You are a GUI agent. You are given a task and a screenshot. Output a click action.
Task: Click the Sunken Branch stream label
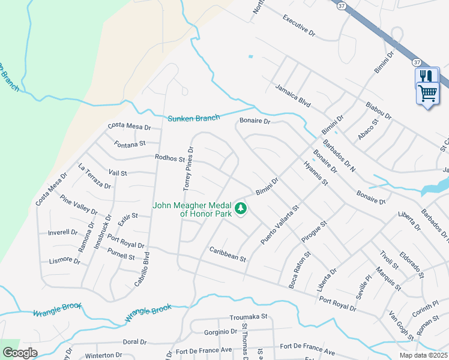(x=193, y=118)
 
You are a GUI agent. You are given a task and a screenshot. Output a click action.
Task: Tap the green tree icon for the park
(x=241, y=208)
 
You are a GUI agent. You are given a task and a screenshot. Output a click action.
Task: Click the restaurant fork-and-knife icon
(x=427, y=76)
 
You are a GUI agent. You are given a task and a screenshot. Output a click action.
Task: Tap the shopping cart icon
(x=427, y=93)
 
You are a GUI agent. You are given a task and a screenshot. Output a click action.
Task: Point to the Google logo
(x=20, y=353)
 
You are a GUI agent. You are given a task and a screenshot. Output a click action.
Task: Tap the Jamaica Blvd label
(x=293, y=96)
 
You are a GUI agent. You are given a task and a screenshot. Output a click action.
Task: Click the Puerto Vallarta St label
(x=279, y=225)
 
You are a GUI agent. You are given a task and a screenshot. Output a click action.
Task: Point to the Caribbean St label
(x=228, y=254)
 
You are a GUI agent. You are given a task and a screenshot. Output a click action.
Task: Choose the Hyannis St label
(x=316, y=173)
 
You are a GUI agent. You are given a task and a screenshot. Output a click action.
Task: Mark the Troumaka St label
(x=248, y=316)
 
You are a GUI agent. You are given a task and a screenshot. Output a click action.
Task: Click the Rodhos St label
(x=170, y=159)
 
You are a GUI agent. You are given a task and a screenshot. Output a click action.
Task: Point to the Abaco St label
(x=368, y=130)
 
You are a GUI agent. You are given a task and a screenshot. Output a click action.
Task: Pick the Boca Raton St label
(x=300, y=271)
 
